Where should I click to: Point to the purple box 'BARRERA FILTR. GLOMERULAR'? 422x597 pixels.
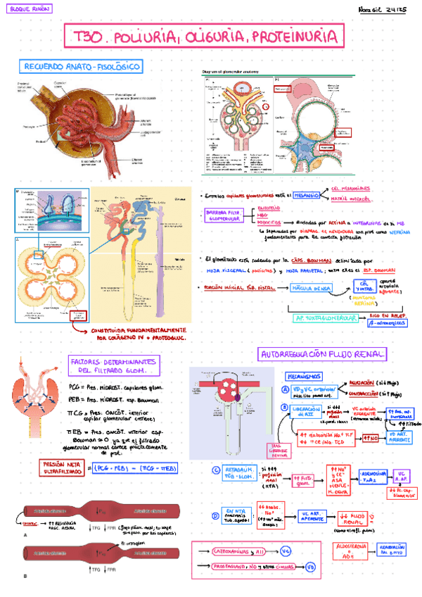pyautogui.click(x=224, y=215)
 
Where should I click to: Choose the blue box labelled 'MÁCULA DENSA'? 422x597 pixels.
pyautogui.click(x=313, y=289)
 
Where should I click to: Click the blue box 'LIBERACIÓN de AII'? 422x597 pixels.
pyautogui.click(x=304, y=412)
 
